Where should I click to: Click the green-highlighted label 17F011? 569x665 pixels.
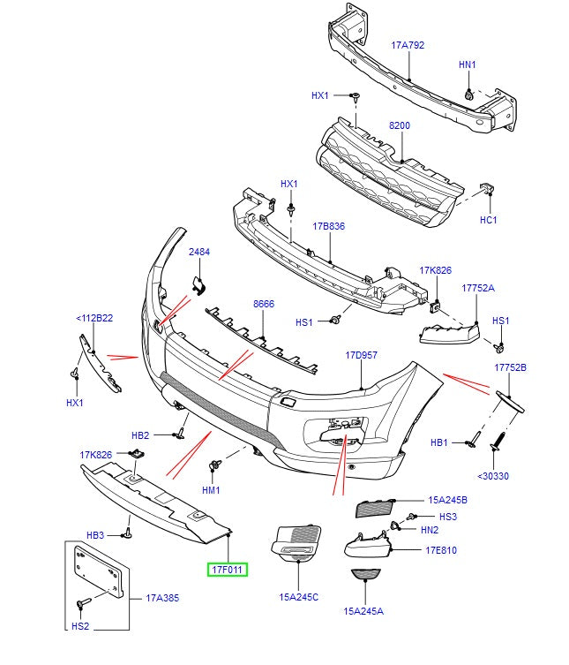228,570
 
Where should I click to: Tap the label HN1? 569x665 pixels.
467,64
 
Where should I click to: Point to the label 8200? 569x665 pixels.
400,126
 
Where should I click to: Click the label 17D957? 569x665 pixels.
361,355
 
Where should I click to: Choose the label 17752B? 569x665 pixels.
510,367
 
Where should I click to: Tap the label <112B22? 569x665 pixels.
94,318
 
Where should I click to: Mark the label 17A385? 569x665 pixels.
162,598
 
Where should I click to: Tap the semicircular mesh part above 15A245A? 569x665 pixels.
364,576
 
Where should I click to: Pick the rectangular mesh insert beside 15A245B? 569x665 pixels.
375,507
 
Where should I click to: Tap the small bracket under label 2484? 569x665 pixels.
198,282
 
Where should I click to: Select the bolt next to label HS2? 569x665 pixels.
81,603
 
